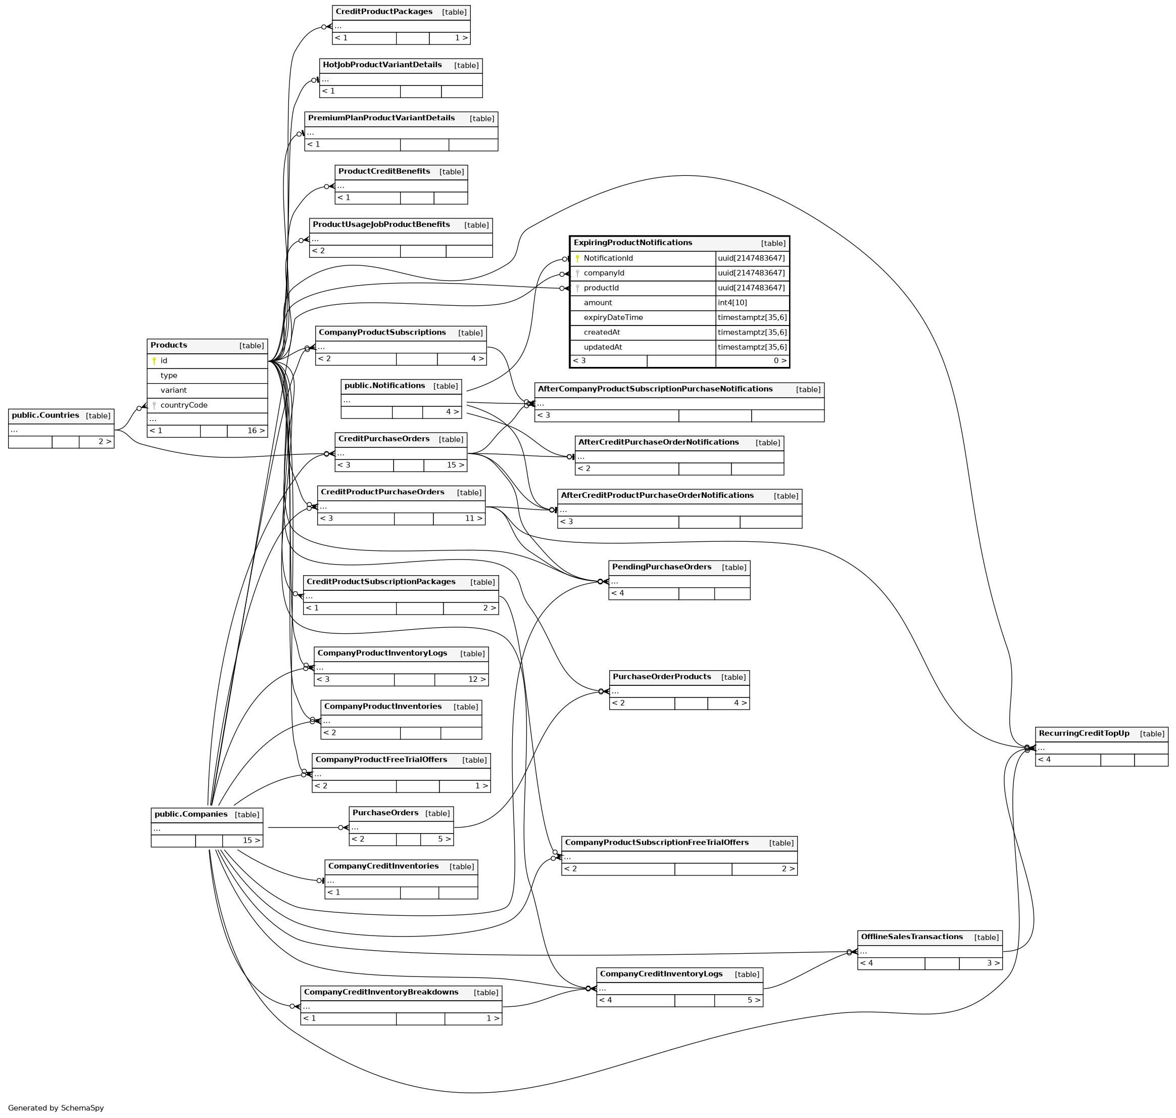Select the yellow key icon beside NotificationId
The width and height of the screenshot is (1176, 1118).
(x=577, y=259)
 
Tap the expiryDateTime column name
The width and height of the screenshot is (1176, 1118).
(x=613, y=317)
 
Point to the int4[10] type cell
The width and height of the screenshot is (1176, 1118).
(x=732, y=303)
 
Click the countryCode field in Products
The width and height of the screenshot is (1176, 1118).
(x=183, y=405)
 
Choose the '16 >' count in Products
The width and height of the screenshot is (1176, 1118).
(x=256, y=431)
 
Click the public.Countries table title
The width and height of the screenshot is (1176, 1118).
(x=45, y=415)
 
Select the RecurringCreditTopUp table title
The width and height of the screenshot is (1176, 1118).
(x=1084, y=733)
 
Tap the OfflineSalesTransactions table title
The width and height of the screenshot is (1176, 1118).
(x=911, y=937)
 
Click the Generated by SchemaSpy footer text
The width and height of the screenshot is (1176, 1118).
(x=56, y=1108)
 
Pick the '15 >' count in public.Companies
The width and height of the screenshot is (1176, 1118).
(x=251, y=841)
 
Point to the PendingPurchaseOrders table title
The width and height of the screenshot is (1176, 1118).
(x=661, y=567)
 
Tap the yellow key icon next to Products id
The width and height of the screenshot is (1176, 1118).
(x=154, y=360)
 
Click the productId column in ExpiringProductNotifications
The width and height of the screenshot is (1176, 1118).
(x=601, y=288)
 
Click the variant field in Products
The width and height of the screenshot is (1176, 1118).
(x=173, y=390)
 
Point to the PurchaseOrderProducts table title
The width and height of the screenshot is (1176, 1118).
(x=661, y=677)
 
